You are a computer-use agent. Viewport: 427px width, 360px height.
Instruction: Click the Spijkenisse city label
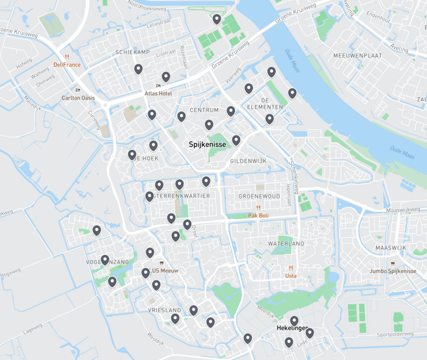pos(207,145)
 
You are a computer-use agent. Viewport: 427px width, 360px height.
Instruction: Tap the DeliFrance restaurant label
pos(67,65)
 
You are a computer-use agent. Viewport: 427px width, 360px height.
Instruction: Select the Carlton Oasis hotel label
pos(78,98)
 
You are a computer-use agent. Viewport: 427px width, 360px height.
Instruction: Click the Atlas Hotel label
pos(158,93)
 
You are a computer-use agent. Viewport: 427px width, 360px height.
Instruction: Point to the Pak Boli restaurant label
pos(259,215)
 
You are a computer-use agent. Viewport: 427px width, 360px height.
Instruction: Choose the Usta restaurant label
pos(291,276)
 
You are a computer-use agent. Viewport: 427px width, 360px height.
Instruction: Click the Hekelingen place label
pos(293,329)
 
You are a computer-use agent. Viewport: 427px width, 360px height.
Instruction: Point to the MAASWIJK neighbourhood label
pos(391,248)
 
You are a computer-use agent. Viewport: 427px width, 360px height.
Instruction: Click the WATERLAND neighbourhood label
pos(286,244)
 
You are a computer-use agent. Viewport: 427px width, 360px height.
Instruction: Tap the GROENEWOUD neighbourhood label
pos(259,196)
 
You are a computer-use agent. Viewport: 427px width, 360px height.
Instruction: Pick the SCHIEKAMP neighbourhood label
pos(133,52)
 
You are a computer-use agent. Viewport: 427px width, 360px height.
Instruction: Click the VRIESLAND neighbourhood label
pos(165,310)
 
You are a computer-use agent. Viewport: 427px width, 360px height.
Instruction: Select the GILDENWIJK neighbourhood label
pos(247,161)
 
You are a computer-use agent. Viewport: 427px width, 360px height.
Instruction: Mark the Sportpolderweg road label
pos(395,334)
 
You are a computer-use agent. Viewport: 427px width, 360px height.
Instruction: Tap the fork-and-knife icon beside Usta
pos(291,268)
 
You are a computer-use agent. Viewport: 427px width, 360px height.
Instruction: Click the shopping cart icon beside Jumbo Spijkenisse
pos(393,263)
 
